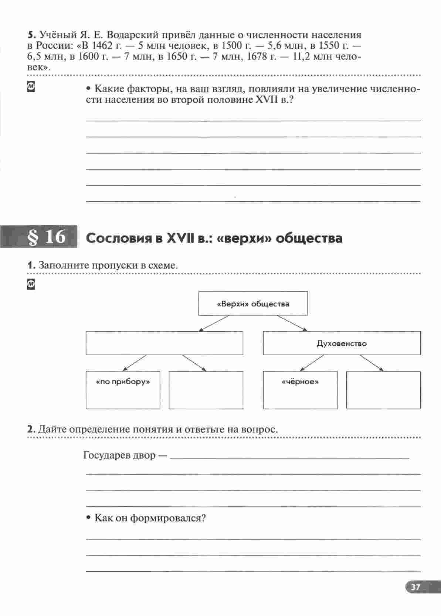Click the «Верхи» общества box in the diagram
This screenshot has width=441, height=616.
[253, 304]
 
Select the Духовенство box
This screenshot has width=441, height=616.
[342, 343]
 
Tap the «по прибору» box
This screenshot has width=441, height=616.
[123, 390]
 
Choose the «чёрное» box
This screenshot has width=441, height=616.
[300, 390]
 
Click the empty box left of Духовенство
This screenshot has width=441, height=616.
[164, 343]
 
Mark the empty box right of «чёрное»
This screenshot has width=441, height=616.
[383, 390]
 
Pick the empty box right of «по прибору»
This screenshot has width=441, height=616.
[206, 390]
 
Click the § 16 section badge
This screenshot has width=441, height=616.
[46, 237]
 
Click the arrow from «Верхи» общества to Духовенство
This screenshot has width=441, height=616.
[292, 323]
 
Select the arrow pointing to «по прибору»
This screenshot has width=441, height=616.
[134, 363]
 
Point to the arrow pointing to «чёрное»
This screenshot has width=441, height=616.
[312, 363]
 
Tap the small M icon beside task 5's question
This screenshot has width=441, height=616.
[31, 87]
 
